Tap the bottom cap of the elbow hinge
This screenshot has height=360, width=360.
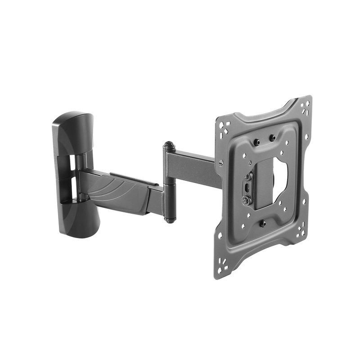pyautogui.click(x=169, y=220)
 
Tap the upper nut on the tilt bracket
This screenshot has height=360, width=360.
pyautogui.click(x=247, y=177)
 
